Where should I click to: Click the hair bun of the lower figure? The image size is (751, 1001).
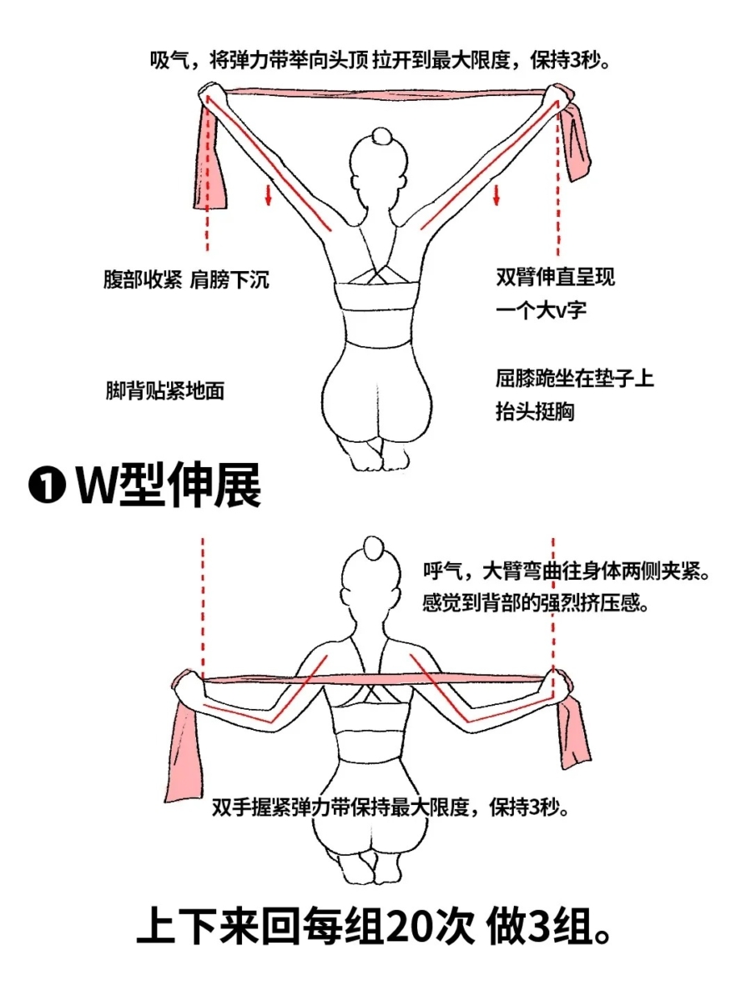[374, 548]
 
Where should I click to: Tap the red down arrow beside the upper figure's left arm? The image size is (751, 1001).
[269, 194]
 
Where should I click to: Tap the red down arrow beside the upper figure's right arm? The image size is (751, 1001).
[496, 194]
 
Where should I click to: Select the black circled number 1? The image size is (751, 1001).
[48, 486]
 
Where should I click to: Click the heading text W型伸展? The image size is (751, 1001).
[169, 485]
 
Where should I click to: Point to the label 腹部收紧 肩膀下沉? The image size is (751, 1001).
[186, 279]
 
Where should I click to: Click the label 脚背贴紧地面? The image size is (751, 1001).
[165, 391]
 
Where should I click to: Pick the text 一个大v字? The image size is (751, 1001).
[542, 311]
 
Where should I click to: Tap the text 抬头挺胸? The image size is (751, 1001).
[535, 412]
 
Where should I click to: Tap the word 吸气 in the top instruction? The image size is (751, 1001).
[166, 60]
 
